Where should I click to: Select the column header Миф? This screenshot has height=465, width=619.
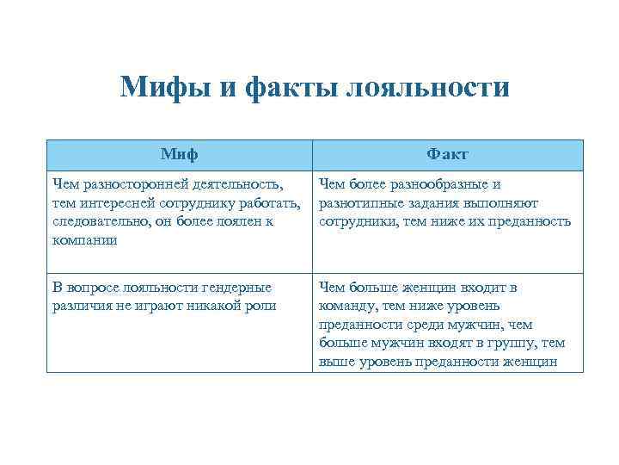(179, 154)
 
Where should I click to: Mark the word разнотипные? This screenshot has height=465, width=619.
(359, 202)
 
